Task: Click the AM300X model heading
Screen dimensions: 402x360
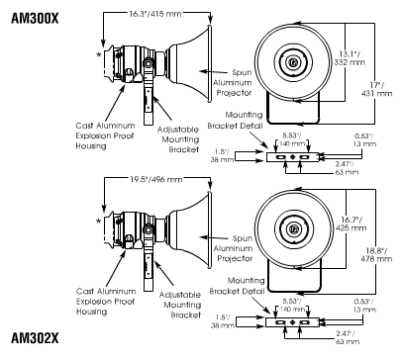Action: point(35,18)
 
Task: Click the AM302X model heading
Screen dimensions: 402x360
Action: point(35,338)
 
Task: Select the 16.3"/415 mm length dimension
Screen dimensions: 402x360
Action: point(154,14)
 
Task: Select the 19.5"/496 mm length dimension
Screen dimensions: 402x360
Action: point(155,179)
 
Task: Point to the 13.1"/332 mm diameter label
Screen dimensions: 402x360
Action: point(350,57)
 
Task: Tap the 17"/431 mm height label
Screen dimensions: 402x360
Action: point(377,89)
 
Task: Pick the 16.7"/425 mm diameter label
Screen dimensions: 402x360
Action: point(352,224)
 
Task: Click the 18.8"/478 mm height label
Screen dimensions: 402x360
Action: point(377,254)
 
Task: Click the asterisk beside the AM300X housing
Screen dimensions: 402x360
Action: point(99,55)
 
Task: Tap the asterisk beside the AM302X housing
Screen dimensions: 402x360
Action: point(99,222)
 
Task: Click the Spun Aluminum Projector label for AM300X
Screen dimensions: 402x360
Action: point(233,82)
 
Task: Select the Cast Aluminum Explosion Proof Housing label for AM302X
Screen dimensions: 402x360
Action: point(106,302)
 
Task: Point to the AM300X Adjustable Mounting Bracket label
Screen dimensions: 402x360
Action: point(178,139)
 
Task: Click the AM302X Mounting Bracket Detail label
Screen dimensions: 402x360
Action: point(237,286)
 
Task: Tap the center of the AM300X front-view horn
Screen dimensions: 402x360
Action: point(292,61)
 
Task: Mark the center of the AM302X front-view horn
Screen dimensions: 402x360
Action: point(294,227)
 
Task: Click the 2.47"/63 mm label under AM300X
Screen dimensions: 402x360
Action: point(347,168)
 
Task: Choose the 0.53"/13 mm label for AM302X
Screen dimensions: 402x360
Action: point(364,306)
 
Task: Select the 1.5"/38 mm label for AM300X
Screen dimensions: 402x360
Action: point(222,155)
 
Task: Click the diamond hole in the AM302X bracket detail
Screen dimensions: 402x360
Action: point(292,322)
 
